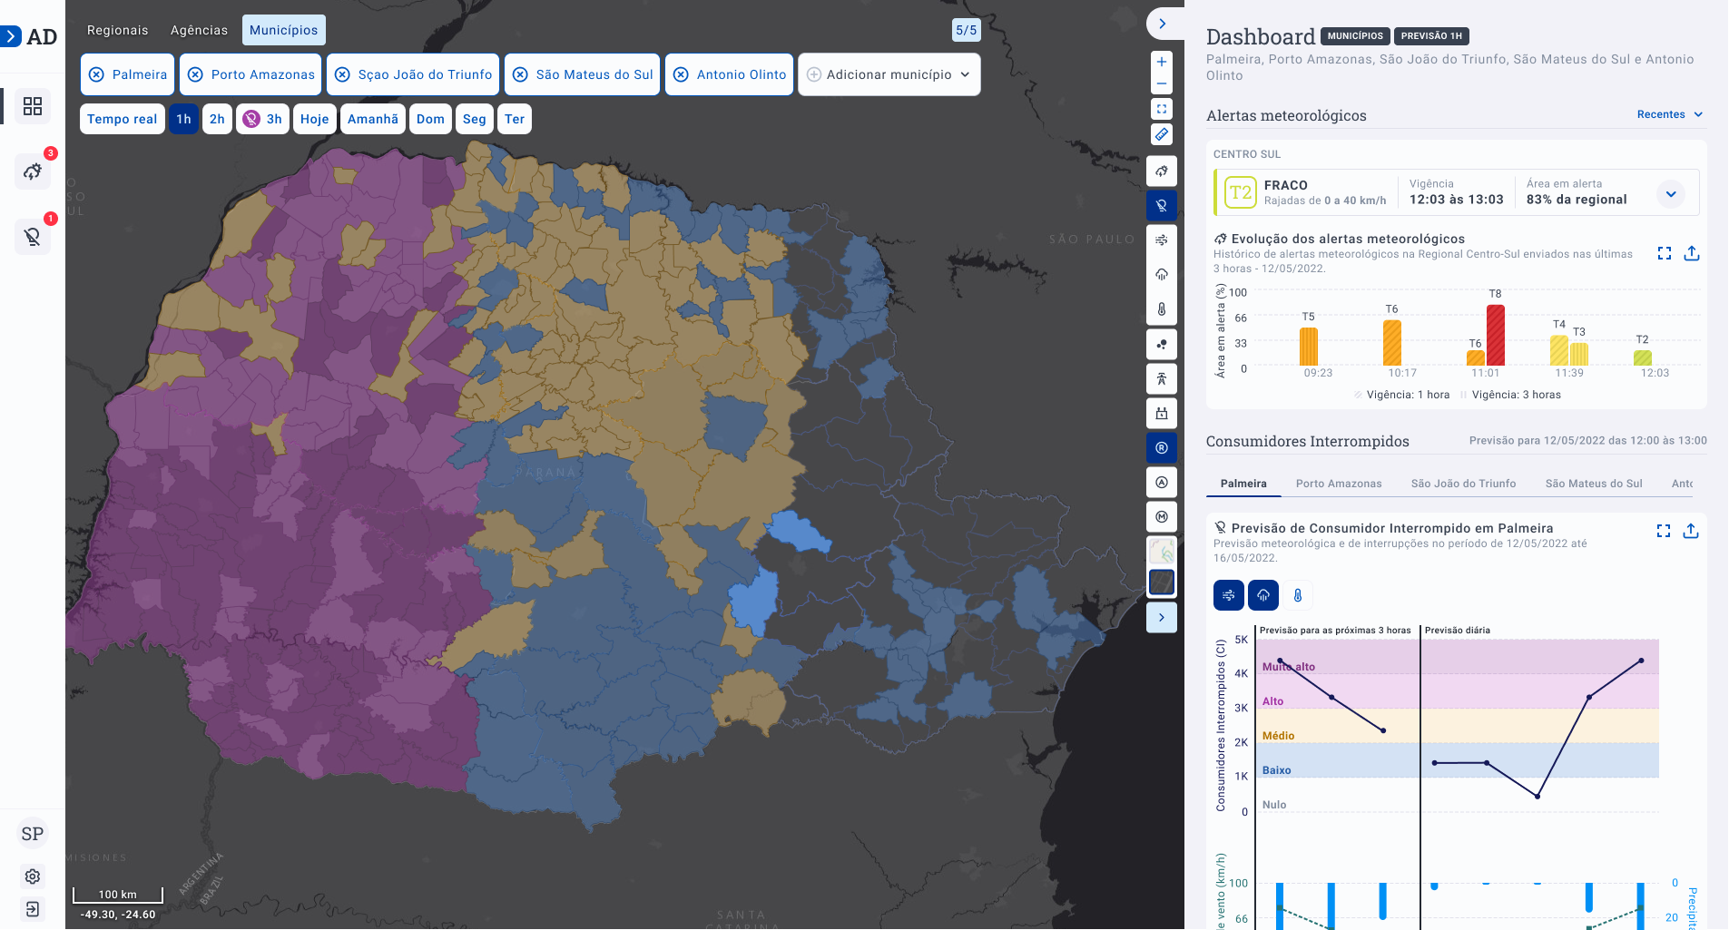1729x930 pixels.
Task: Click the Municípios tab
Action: (283, 30)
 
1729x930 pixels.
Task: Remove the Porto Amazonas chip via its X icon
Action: (195, 74)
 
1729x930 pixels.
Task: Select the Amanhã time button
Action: (372, 119)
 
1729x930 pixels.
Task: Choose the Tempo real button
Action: (122, 119)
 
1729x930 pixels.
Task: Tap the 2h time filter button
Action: (217, 119)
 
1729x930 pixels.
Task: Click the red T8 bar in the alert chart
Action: (1496, 335)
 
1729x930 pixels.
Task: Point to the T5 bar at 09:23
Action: (1308, 347)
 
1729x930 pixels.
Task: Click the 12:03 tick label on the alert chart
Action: (1655, 373)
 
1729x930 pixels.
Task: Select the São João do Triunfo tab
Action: (1463, 484)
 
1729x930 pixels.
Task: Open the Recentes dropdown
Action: (1669, 114)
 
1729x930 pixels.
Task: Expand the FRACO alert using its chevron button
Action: (1670, 193)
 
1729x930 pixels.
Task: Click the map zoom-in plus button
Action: (1162, 62)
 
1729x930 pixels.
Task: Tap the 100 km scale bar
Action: (118, 895)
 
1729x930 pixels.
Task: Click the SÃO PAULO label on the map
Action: (1092, 240)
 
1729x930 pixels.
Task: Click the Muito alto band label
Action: (1288, 667)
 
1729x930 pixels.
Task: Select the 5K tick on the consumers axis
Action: (1241, 640)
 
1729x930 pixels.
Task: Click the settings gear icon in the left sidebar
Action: (33, 876)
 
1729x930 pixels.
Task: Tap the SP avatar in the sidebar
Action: (33, 834)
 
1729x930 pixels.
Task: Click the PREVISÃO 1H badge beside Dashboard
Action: (1430, 36)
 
